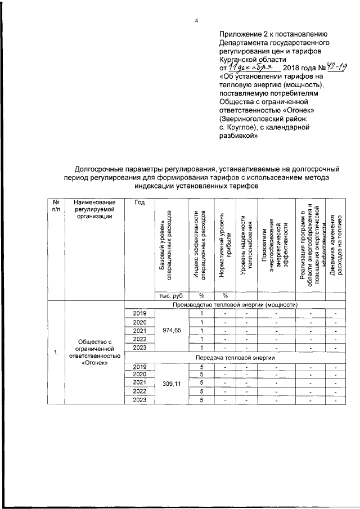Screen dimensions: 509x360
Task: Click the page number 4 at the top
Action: pos(196,21)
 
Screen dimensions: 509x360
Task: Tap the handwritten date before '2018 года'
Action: pos(249,67)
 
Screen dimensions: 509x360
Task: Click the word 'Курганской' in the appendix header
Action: pos(240,58)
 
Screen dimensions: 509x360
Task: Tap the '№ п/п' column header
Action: pos(56,206)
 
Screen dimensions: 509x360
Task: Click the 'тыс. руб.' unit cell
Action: pos(170,296)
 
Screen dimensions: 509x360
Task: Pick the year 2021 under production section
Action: pos(139,330)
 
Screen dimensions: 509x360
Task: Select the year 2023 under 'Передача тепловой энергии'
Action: pos(139,400)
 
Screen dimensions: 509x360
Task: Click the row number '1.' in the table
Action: pos(56,353)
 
